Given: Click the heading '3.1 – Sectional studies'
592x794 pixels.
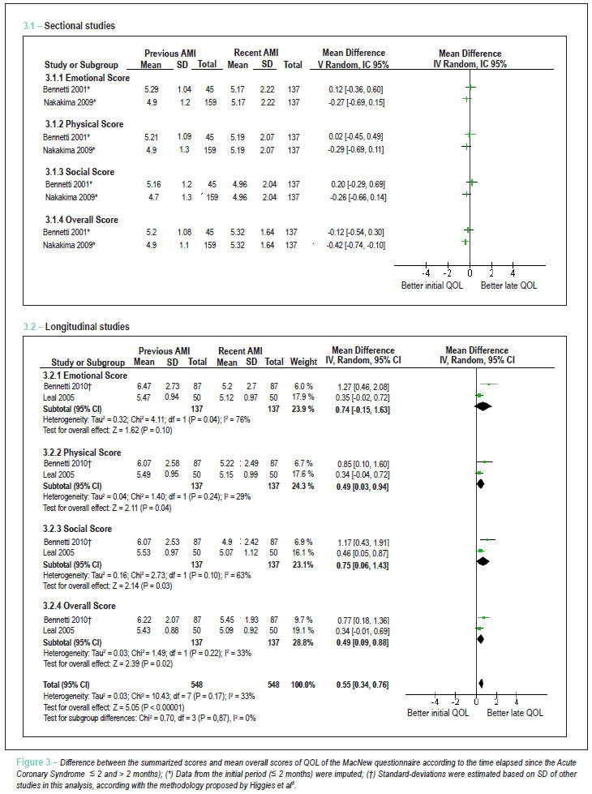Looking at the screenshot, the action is coord(69,26).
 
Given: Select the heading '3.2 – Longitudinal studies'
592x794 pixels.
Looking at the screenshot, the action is coord(76,327).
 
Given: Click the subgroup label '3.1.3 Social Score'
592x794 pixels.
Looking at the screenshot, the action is coord(79,172).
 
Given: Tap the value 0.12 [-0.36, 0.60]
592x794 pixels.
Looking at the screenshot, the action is coord(355,90).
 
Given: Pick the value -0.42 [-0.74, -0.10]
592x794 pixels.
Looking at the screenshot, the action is coord(355,245).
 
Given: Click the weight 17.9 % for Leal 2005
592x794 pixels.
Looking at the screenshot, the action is coord(302,397).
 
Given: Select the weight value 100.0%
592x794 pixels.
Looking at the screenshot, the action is coord(302,685).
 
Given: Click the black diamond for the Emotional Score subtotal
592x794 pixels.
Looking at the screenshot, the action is coord(483,406).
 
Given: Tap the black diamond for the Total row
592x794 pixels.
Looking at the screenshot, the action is coord(481,684).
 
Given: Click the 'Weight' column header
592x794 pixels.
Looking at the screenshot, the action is coord(303,362).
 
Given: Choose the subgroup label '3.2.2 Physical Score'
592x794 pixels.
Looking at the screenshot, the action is coord(82,453).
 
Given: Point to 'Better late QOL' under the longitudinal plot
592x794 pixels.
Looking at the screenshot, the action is coord(515,713).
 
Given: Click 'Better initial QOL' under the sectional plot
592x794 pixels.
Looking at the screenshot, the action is coord(432,285).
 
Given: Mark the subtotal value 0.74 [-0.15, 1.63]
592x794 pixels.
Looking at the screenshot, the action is coord(362,410).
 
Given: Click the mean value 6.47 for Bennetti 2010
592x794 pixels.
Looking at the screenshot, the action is coord(144,386).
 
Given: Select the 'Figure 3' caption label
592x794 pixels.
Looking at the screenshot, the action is coord(33,762).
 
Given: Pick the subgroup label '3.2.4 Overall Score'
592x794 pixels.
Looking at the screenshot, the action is coord(79,606).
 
